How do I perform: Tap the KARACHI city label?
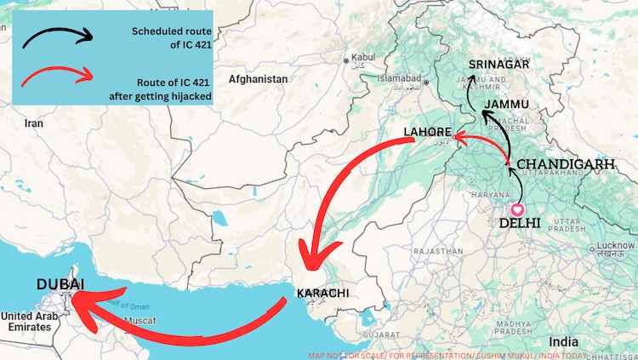point(322,294)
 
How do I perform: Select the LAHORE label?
point(427,132)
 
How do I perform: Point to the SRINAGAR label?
point(499,65)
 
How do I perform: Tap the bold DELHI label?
point(520,223)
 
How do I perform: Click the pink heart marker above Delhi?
point(516,208)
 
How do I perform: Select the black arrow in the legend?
point(55,37)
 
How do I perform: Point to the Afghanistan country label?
point(258,78)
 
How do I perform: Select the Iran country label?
point(33,123)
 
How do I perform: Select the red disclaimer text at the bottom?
point(472,355)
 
